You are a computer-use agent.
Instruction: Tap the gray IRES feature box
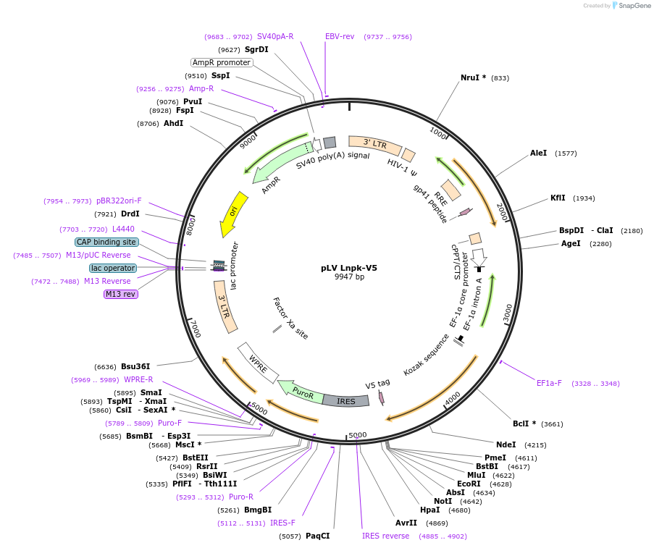click(346, 400)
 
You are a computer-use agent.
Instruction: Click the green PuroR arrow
click(301, 392)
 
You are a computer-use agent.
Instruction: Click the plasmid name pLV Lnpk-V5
click(348, 268)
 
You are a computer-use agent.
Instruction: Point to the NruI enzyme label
click(473, 77)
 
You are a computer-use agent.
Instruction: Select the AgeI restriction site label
click(571, 243)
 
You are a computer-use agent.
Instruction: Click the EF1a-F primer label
click(549, 383)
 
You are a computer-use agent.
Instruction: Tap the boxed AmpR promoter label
click(222, 62)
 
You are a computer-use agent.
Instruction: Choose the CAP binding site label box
click(106, 242)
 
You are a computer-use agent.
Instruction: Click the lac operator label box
click(112, 268)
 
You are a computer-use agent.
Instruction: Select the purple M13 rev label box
click(120, 294)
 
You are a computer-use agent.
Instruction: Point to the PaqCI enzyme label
click(317, 536)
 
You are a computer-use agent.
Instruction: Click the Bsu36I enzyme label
click(135, 366)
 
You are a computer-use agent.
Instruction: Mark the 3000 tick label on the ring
click(508, 313)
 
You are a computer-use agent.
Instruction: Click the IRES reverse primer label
click(385, 536)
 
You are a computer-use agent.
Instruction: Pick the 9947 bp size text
click(349, 277)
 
